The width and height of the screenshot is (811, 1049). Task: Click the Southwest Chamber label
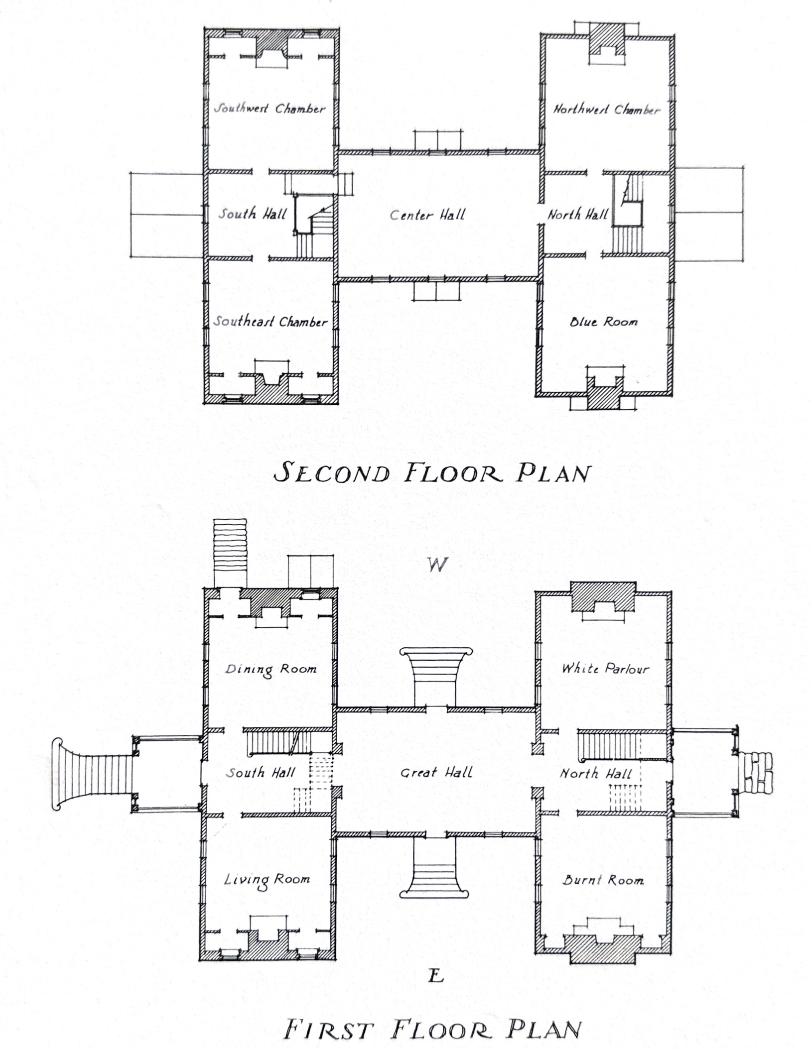[x=270, y=109]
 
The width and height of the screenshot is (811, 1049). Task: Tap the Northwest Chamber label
[x=607, y=110]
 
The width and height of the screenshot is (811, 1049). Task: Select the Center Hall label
[x=427, y=215]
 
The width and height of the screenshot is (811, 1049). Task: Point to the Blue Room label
[x=603, y=322]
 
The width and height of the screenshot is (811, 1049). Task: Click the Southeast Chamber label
[x=270, y=322]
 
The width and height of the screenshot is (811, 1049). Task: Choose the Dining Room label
[x=270, y=669]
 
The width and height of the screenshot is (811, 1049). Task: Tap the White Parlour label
[x=605, y=668]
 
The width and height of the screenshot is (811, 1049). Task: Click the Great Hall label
[x=436, y=772]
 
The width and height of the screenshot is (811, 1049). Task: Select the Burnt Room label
[x=603, y=880]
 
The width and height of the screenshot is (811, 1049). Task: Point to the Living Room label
[x=267, y=880]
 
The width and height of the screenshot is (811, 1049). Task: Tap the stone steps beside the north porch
[x=755, y=773]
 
